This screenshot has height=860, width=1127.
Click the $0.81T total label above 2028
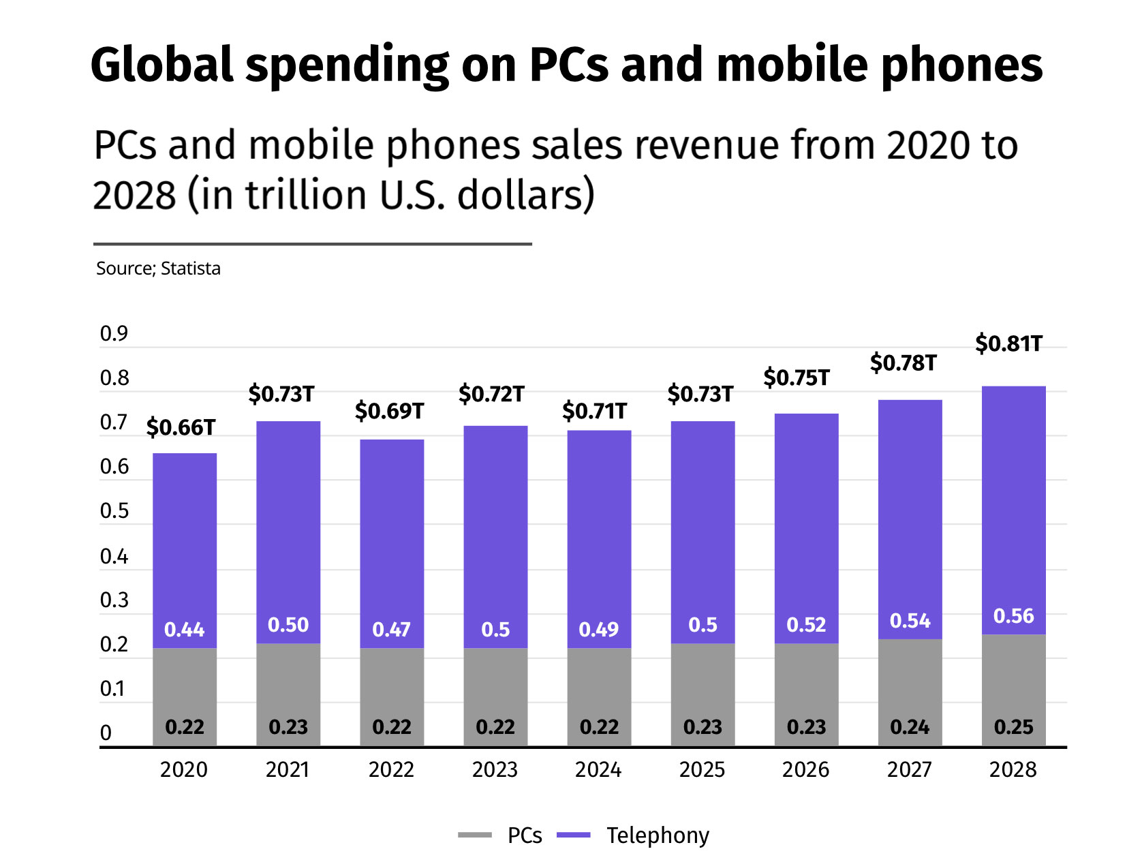(1008, 343)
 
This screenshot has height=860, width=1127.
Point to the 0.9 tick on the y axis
(114, 333)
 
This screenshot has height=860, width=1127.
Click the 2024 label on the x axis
(598, 769)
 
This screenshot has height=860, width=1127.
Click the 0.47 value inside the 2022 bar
(391, 629)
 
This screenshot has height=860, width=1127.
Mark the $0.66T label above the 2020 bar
(181, 427)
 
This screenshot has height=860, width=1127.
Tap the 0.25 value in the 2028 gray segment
(1013, 726)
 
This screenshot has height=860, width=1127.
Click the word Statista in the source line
(191, 268)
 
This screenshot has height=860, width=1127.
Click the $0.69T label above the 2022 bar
(389, 411)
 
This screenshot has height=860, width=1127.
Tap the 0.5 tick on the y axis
(114, 511)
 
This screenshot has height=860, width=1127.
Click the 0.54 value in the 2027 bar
(910, 621)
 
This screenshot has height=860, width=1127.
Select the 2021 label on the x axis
(288, 769)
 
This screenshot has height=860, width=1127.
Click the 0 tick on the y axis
(106, 733)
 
